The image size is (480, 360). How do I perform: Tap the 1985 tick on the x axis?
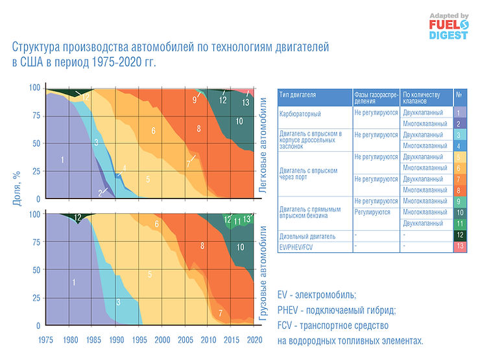(x=93, y=339)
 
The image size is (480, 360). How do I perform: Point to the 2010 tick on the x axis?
(x=208, y=339)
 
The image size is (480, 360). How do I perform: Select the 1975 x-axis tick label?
(x=46, y=339)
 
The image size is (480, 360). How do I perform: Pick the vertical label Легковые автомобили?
(x=263, y=144)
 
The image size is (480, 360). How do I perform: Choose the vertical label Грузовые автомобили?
(x=263, y=271)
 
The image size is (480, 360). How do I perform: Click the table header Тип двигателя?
(x=298, y=94)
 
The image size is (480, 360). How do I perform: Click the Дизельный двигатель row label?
(x=307, y=235)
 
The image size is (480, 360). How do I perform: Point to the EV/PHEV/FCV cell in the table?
(x=297, y=246)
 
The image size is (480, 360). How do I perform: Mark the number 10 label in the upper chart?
(x=239, y=121)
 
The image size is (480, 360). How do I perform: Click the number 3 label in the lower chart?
(x=118, y=302)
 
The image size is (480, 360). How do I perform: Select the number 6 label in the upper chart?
(x=153, y=131)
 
